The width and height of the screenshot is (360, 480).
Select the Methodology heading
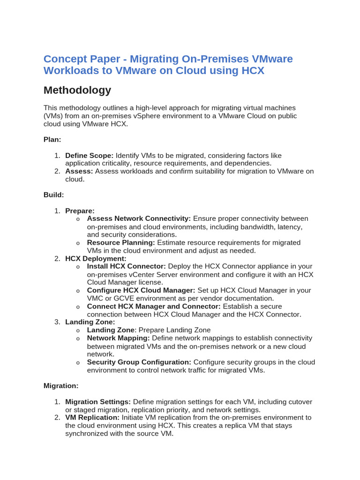pos(77,90)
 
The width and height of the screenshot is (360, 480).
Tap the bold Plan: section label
pos(52,139)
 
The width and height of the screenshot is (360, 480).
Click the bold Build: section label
pos(53,194)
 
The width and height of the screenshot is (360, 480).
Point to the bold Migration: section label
pos(61,385)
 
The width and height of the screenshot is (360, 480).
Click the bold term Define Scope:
pos(89,155)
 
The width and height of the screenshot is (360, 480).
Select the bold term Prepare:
pos(80,211)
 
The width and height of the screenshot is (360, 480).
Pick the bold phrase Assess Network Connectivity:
pos(139,218)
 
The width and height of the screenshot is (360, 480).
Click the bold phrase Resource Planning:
pos(121,242)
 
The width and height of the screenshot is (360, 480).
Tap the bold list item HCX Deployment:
pos(96,258)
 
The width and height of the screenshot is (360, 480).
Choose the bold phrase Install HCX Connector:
pos(127,266)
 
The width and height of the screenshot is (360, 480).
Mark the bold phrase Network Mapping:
pos(118,338)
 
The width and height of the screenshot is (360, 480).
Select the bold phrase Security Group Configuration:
pos(139,362)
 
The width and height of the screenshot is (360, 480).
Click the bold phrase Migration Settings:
pos(98,402)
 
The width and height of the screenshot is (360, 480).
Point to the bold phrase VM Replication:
pos(92,417)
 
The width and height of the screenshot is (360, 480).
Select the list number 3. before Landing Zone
pos(57,322)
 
